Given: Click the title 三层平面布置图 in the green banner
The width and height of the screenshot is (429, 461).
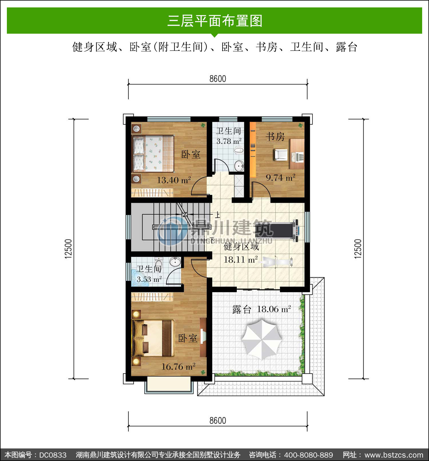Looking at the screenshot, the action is coord(215,21).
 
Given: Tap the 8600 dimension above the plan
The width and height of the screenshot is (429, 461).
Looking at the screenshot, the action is coord(218,79).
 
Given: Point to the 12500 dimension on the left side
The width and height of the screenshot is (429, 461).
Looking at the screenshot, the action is coord(69,249).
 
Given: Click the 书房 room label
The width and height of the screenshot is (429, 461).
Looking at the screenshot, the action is coord(275,136).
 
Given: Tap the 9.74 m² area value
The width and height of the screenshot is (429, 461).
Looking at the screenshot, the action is coord(281,178).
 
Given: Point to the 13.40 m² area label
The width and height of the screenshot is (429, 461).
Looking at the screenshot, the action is coord(174,180).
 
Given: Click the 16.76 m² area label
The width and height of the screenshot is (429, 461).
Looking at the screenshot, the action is coord(178,367).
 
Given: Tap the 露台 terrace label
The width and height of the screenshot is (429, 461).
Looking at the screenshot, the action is coord(242,309).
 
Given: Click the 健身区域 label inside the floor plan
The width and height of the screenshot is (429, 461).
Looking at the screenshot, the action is coord(241,246).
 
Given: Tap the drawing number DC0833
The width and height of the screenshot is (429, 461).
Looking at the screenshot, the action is coord(53,455).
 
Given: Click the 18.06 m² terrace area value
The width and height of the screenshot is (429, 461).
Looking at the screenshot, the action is coord(274,309).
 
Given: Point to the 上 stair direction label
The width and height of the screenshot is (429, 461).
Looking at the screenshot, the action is coord(218,215).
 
